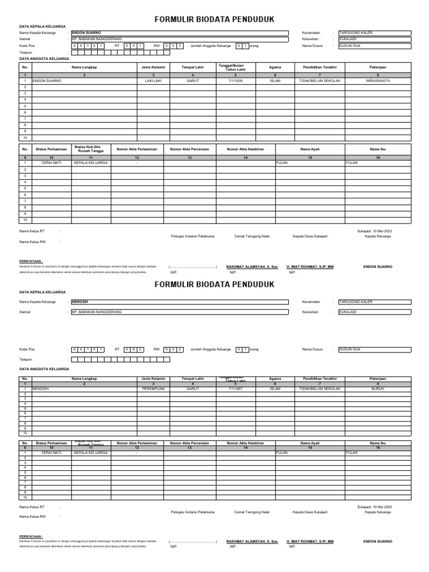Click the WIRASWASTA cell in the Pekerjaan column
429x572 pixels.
click(x=378, y=80)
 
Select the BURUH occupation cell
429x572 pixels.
click(x=378, y=389)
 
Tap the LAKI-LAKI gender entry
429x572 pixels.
click(x=153, y=80)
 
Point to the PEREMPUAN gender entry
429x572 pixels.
click(x=153, y=389)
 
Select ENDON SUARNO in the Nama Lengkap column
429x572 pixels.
click(x=47, y=80)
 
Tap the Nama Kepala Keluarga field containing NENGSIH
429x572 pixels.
click(x=179, y=301)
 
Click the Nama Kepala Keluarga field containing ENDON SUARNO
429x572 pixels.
click(x=179, y=33)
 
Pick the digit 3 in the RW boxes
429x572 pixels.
click(x=180, y=45)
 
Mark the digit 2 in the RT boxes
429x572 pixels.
click(x=141, y=349)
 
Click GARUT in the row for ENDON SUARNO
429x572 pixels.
click(x=193, y=80)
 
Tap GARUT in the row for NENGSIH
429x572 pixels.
click(x=193, y=389)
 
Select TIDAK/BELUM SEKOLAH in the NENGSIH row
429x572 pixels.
click(x=320, y=389)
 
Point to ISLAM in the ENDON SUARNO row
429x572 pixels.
click(x=275, y=80)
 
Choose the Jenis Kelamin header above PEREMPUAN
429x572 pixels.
click(x=153, y=379)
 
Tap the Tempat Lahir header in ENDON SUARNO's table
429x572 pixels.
click(x=193, y=68)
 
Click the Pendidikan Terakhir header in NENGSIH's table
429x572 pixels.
click(x=320, y=379)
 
